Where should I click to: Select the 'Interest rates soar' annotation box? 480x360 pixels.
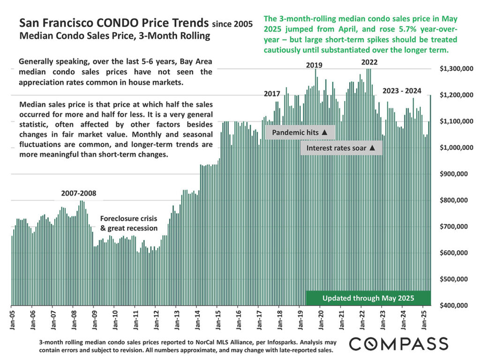pos(341,148)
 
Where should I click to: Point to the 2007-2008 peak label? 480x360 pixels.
pos(79,193)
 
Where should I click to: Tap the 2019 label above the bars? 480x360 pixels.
pos(314,65)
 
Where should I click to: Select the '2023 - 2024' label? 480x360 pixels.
pos(402,91)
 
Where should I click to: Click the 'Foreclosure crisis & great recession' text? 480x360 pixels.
pos(129,224)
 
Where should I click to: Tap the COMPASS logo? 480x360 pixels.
pos(398,343)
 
